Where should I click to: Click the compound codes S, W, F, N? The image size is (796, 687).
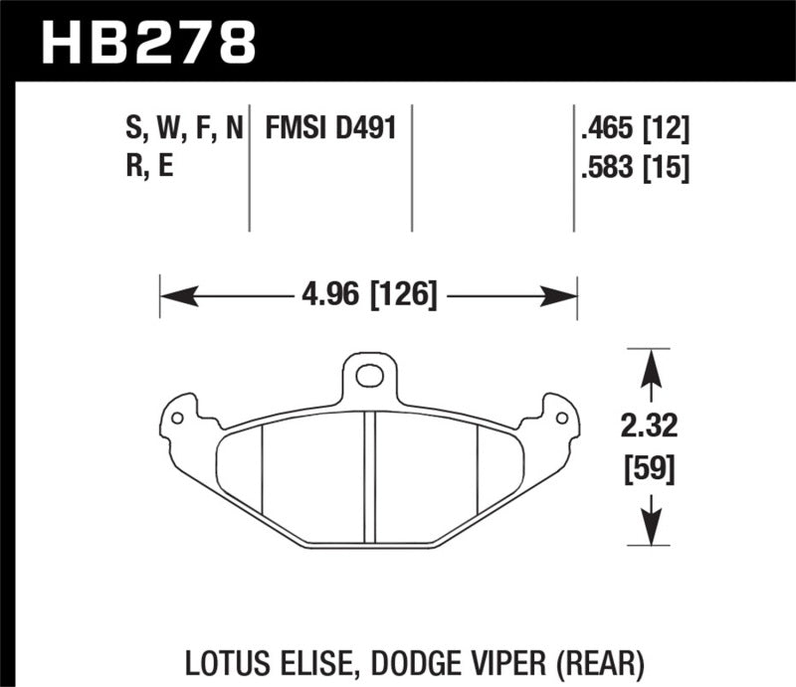(183, 128)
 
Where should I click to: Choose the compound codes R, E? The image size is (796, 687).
(149, 167)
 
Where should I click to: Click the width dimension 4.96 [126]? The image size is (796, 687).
(368, 295)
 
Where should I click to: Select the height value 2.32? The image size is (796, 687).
(652, 429)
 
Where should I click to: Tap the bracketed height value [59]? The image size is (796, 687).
(652, 467)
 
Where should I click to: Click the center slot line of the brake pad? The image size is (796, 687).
(369, 477)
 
